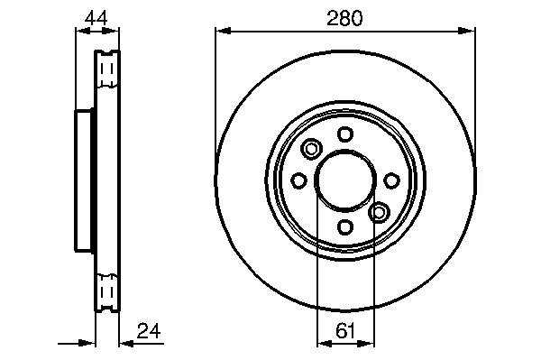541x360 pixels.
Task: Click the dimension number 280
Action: pos(344,18)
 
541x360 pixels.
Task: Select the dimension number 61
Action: pos(345,332)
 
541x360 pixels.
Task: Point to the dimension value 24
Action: pos(149,331)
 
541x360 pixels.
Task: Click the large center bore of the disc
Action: pos(345,180)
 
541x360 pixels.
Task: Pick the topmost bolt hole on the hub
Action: pos(345,134)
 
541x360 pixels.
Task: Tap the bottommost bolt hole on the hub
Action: pos(345,226)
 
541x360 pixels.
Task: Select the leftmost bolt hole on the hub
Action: pos(298,180)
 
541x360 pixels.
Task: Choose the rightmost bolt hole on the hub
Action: pos(391,180)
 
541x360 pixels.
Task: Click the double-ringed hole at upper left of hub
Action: pos(312,149)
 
